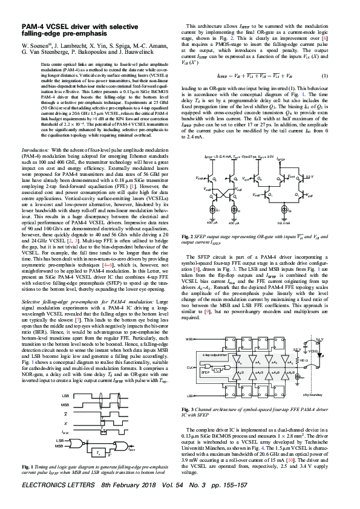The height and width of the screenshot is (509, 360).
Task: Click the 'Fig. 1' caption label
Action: click(27, 467)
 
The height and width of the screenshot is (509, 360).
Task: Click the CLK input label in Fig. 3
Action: click(189, 368)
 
